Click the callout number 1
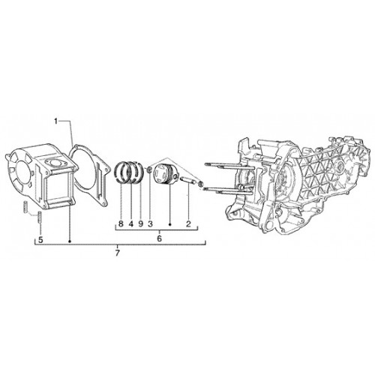[56, 121]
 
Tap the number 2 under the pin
[188, 223]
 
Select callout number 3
[150, 223]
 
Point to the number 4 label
[131, 223]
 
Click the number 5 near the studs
[40, 240]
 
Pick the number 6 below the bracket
[159, 238]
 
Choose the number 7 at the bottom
[118, 253]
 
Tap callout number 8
[121, 223]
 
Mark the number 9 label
[140, 223]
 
